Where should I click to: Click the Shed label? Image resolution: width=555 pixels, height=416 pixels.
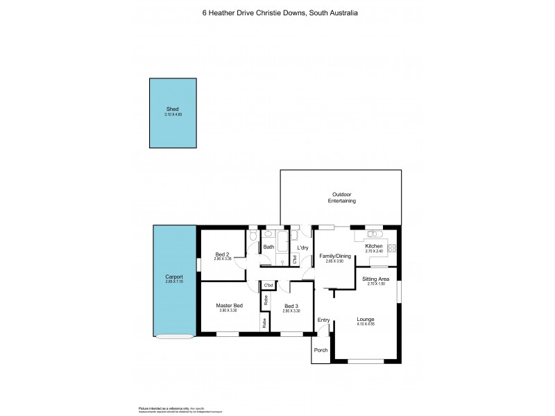coord(171,109)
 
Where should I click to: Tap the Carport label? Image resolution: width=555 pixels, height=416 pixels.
coord(174,277)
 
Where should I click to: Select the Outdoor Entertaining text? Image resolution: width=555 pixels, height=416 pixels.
coord(341,198)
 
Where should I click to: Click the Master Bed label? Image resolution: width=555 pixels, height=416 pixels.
coord(229,306)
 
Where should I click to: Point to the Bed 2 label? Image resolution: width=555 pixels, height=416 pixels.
coord(222,254)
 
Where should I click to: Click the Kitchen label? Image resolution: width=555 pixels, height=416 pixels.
coord(374,246)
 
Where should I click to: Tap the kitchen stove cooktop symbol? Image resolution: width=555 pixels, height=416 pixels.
coord(392,248)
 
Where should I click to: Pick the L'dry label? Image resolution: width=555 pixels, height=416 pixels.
coord(302,248)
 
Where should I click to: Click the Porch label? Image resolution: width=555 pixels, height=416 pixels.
coord(321,350)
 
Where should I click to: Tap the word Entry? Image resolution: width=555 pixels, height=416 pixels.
coord(323,320)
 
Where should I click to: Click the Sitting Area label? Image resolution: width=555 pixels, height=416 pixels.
coord(376,279)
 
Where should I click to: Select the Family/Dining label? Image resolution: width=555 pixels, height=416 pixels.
coord(334,257)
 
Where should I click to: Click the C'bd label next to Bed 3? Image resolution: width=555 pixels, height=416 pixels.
coord(268,286)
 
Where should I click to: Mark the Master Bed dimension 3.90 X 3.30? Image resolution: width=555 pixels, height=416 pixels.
coord(229,311)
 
